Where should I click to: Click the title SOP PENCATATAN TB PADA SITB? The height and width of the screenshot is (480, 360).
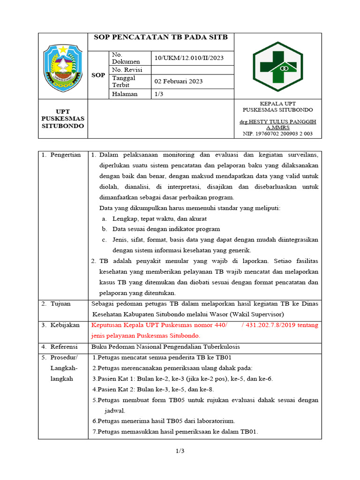[160, 37]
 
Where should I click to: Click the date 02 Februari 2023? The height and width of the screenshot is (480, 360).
[179, 81]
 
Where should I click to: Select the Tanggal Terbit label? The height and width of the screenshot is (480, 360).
[124, 82]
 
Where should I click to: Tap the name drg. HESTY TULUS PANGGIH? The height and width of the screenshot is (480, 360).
[278, 121]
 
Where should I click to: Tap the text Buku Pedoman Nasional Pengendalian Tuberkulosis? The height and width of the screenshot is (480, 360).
[165, 346]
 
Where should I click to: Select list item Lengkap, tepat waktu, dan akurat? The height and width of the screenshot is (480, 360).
[159, 218]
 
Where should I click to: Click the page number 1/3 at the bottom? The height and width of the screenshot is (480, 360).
[180, 451]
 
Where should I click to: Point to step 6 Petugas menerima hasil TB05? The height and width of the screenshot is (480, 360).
[164, 421]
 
